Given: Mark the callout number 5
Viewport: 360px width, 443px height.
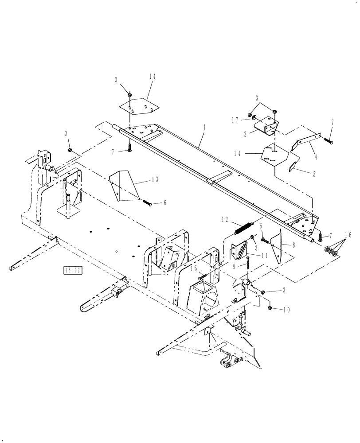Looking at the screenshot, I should point(314,174).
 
